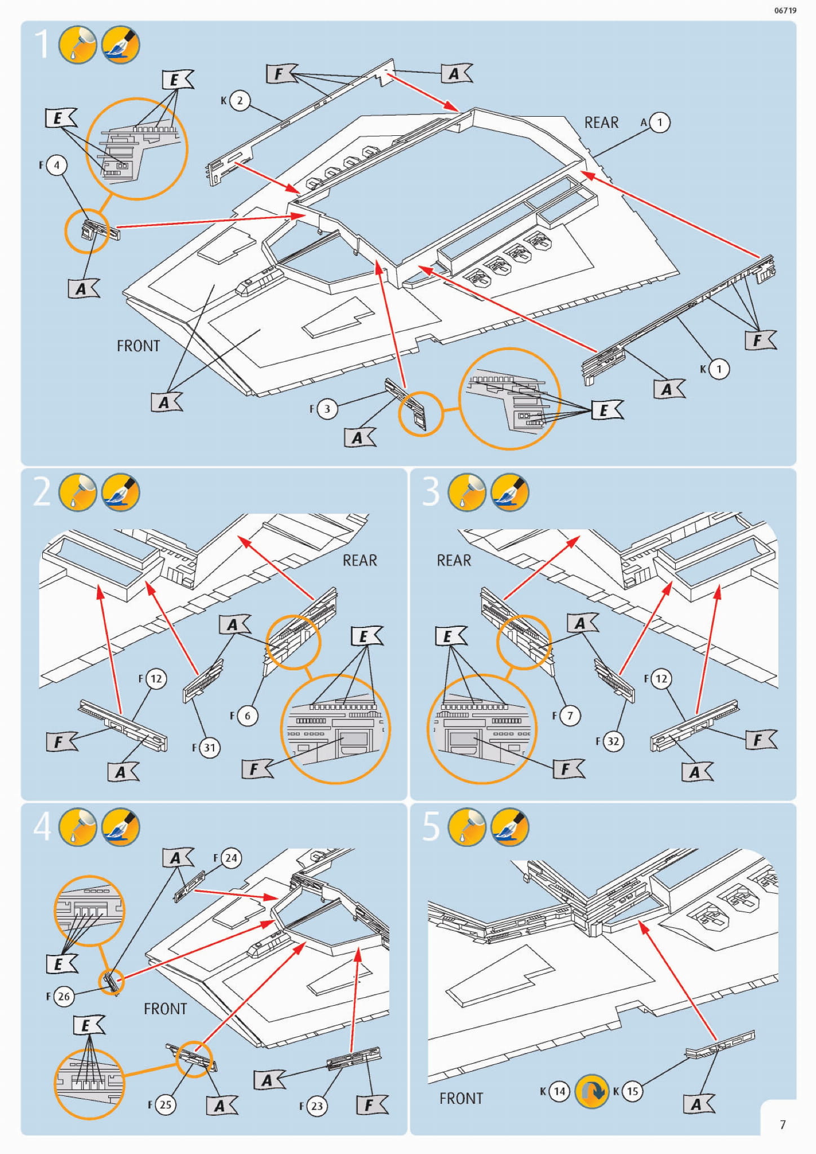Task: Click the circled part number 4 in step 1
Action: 56,165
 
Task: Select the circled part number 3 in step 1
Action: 327,409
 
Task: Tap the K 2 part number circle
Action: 240,100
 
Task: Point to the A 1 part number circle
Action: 660,122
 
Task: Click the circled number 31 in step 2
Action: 210,748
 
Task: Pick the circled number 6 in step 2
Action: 247,716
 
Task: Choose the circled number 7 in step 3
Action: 570,716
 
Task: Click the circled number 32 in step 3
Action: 613,741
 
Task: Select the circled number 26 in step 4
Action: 64,996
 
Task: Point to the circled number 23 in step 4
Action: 317,1106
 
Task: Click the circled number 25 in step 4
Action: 165,1104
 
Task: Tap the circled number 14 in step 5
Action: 559,1091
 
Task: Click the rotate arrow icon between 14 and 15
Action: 592,1091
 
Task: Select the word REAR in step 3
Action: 454,560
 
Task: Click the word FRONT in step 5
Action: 461,1098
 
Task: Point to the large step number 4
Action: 42,827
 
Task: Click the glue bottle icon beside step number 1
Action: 78,44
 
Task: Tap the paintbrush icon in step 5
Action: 510,827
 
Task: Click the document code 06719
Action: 785,10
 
